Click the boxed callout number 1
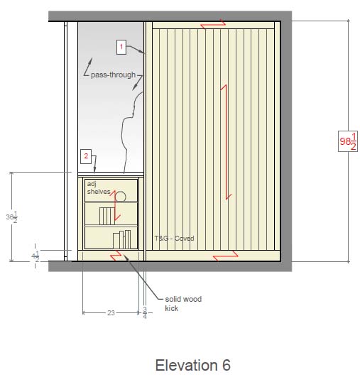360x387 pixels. coord(121,47)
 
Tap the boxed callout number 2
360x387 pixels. coord(86,156)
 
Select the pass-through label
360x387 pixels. coord(114,75)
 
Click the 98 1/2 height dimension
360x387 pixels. coord(348,141)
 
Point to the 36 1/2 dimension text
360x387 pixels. coord(11,217)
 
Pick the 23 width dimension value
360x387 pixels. coord(111,312)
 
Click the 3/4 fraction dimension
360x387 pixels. coord(145,312)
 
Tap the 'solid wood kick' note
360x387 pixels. coord(183,304)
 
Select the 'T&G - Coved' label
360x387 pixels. coord(174,239)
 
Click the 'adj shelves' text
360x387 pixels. coord(99,188)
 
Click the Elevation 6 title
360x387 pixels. coord(193,365)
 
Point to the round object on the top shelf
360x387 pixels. coord(121,197)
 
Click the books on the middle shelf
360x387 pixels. coord(107,216)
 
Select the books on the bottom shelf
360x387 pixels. coord(122,239)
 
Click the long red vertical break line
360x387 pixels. coord(227,142)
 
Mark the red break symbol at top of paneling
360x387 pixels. coord(213,24)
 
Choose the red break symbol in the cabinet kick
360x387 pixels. coord(116,256)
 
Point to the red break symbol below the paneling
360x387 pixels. coord(226,256)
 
